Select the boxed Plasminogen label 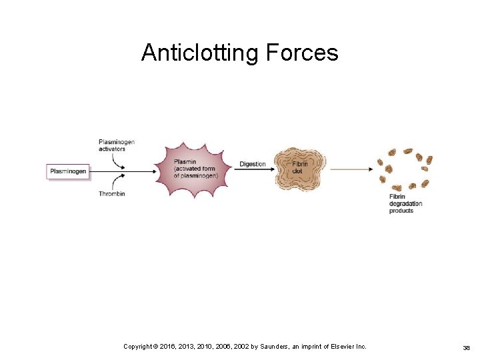click(68, 171)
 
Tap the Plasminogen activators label click(116, 145)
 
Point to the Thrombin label click(111, 194)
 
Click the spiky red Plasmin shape click(194, 169)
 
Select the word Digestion click(252, 164)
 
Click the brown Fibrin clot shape click(300, 168)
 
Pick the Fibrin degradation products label click(405, 203)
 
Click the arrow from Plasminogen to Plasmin click(123, 171)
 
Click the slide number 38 click(467, 347)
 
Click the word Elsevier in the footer click(336, 347)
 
